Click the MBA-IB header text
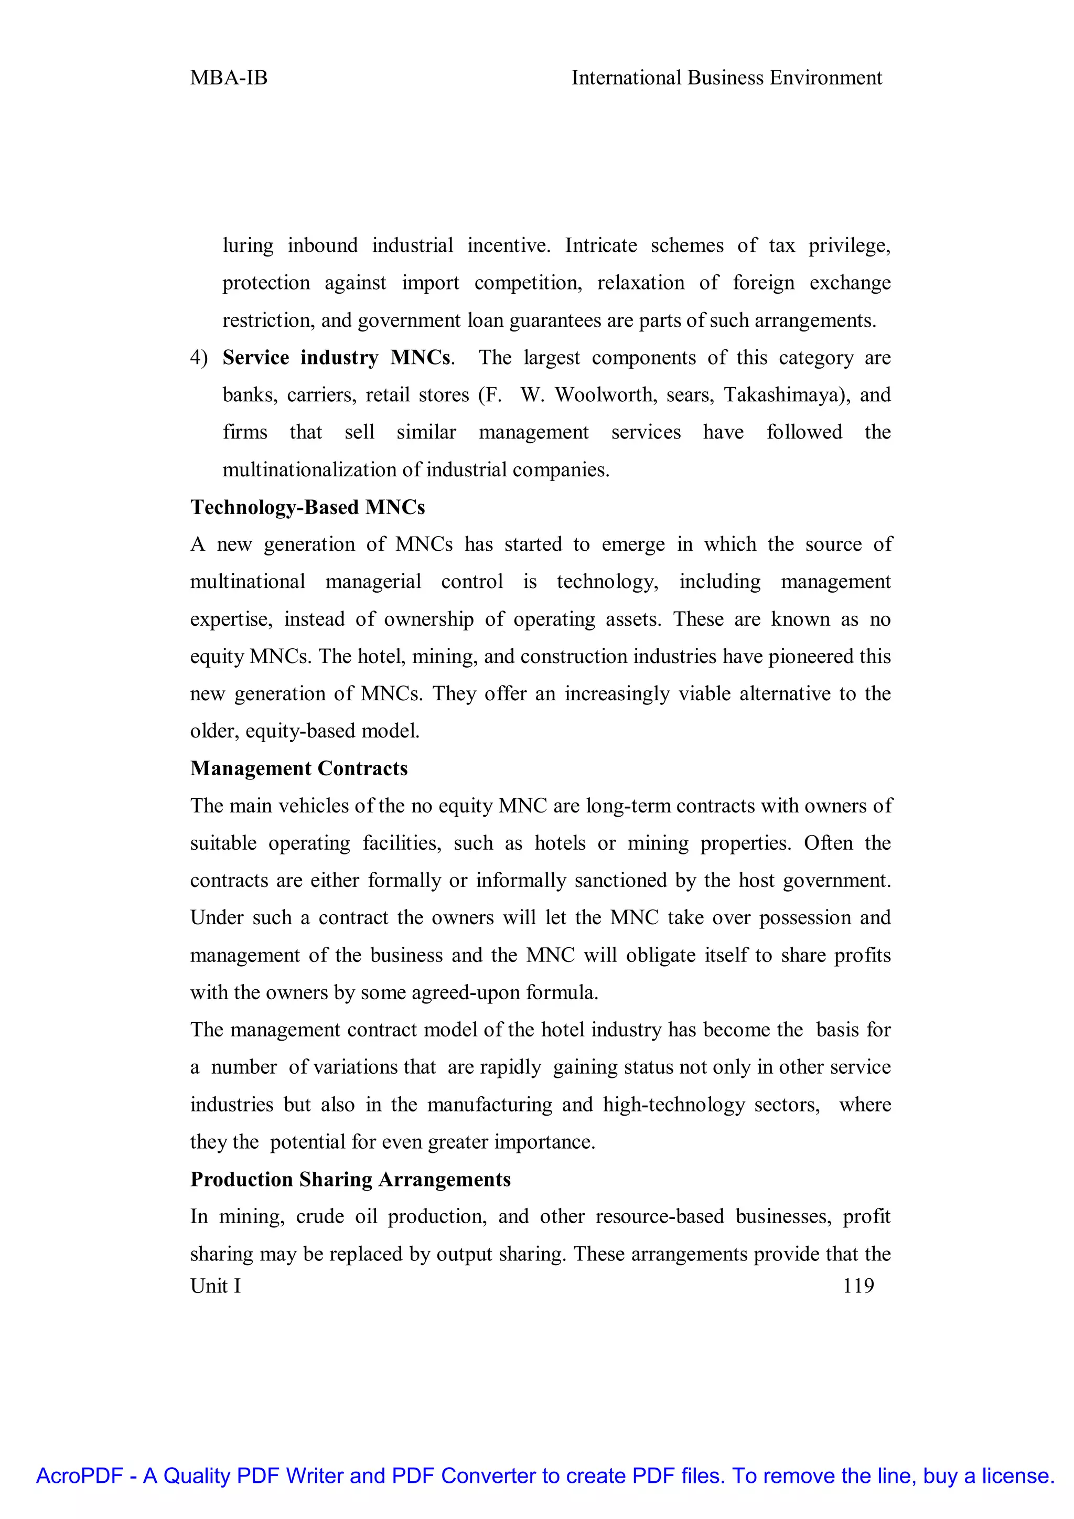228,78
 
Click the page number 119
858,1286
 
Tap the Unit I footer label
216,1286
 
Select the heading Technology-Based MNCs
307,507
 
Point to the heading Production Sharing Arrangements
350,1179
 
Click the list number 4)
198,357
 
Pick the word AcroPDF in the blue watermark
79,1475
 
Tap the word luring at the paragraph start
248,245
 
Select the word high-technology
673,1105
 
